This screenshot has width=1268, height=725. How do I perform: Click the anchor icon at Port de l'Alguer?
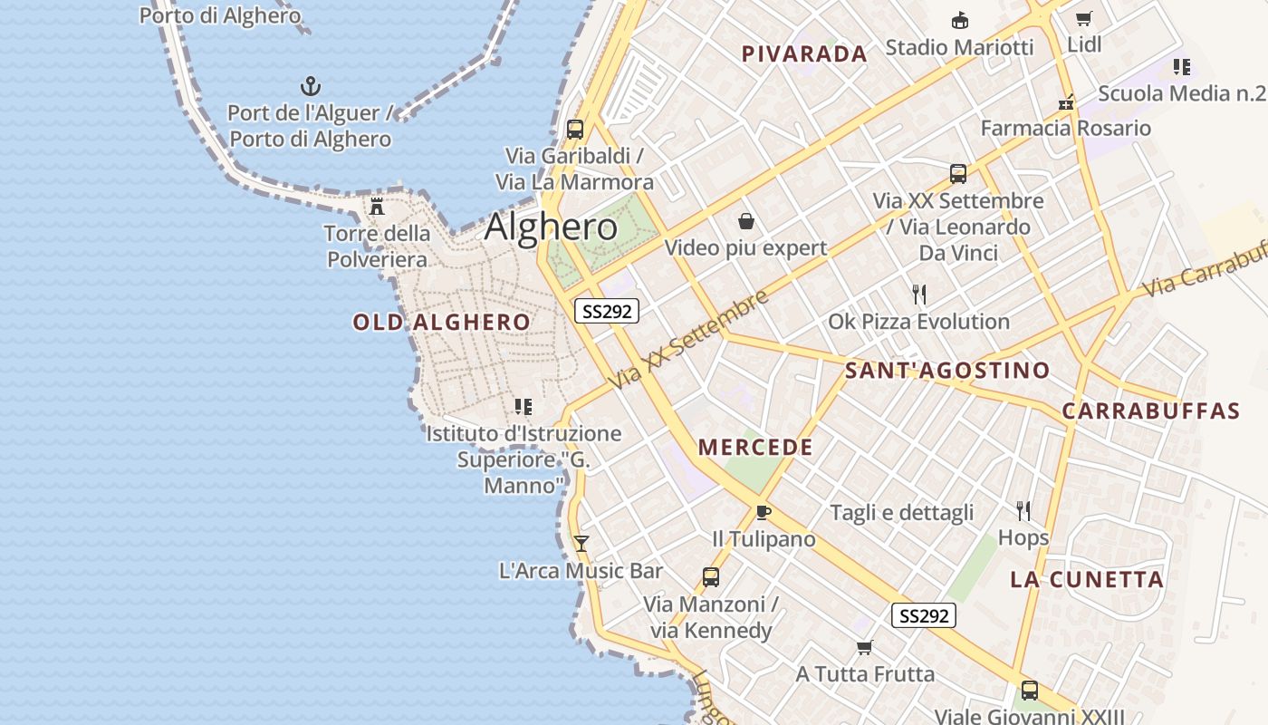coord(311,87)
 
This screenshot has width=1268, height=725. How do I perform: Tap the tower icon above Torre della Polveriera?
coord(377,206)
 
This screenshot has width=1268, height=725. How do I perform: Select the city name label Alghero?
coord(551,227)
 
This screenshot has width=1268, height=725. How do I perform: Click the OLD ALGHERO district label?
coord(442,323)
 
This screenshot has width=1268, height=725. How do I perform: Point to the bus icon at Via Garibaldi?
coord(575,129)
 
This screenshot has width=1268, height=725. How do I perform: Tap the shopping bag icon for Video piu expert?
coord(746,221)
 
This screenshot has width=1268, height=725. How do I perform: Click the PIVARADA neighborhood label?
coord(804,54)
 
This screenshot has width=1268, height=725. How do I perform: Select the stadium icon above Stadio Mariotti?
coord(959,20)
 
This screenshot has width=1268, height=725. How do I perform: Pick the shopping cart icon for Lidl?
coord(1083,18)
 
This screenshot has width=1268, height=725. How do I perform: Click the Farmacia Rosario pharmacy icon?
coord(1066,101)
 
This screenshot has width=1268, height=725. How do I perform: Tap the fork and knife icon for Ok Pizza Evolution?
coord(919,295)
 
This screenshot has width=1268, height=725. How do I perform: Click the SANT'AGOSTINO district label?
coord(946,371)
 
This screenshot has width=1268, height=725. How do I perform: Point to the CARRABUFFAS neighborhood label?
coord(1150,411)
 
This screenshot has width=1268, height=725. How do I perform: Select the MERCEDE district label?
coord(755,448)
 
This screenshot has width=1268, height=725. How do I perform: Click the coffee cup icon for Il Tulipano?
coord(763,512)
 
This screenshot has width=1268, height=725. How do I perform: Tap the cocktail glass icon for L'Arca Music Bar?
coord(581,544)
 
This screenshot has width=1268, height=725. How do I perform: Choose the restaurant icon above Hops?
coord(1023,511)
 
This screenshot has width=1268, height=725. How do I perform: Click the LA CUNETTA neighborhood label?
coord(1087,580)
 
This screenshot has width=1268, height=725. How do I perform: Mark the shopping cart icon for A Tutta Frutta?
coord(865,647)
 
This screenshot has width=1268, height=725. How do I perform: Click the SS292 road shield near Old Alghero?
coord(607,312)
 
